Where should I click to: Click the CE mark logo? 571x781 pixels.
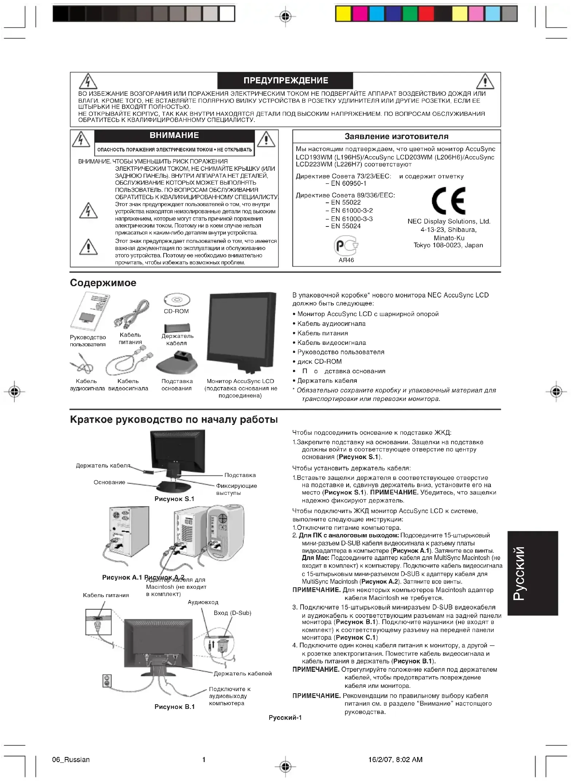448,201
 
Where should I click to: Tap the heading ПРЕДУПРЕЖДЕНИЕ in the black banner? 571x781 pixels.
286,80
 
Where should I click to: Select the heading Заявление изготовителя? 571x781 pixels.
396,137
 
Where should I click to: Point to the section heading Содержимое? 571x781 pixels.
103,283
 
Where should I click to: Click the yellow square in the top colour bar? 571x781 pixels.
343,14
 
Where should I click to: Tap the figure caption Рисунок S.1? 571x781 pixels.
174,499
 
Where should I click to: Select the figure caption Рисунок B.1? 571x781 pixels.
175,707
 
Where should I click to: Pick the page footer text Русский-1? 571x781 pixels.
285,718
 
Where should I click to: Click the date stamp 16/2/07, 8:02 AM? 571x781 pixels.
395,760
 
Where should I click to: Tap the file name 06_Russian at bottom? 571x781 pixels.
71,760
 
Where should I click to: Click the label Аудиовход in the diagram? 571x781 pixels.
203,602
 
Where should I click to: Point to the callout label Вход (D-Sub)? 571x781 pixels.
232,613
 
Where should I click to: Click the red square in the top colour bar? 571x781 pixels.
426,14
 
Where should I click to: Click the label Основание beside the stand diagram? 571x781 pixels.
109,482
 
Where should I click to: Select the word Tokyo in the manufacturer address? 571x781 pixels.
422,245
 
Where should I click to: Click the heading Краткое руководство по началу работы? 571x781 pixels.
174,419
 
